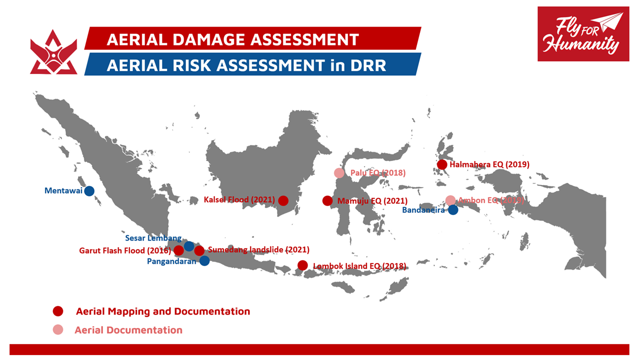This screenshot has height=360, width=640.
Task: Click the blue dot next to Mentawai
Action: (89, 191)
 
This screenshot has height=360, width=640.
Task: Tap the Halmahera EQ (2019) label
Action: (489, 164)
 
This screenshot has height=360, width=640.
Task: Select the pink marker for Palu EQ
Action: (339, 173)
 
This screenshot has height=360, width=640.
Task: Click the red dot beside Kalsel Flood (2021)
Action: (283, 200)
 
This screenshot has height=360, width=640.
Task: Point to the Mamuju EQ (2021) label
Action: (372, 201)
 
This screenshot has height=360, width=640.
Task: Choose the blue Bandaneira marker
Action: (453, 210)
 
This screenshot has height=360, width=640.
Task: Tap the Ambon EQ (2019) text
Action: (491, 200)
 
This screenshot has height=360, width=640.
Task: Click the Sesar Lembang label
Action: (153, 238)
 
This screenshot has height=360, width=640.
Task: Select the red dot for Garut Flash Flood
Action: (178, 250)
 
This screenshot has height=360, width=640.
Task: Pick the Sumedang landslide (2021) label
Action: (258, 249)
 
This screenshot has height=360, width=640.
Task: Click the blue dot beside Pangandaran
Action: (204, 260)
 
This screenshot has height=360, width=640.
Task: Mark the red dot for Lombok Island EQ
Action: (302, 265)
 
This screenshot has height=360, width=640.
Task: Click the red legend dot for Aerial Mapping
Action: (58, 311)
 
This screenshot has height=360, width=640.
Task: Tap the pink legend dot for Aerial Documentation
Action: (58, 329)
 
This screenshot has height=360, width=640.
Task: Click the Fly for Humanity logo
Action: (583, 34)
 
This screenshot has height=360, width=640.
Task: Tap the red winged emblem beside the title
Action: (53, 52)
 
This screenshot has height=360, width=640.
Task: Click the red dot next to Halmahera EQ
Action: (442, 164)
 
